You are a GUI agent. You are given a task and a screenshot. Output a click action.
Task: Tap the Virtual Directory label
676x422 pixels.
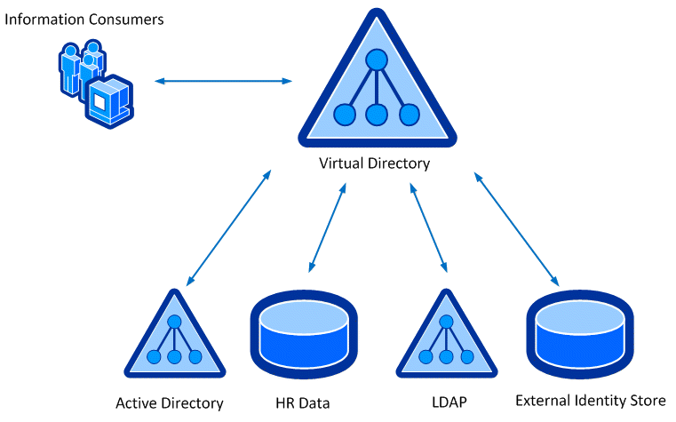[x=374, y=163]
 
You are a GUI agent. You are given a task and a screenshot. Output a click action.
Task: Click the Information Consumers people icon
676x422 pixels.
[x=94, y=82]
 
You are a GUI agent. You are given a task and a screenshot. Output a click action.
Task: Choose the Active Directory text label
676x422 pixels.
[x=170, y=403]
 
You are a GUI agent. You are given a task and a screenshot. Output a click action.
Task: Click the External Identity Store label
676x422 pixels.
[x=591, y=401]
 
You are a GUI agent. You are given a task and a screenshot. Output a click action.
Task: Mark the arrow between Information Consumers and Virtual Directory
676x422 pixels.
[x=223, y=82]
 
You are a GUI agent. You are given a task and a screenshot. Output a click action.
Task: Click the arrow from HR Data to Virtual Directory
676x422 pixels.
[x=327, y=228]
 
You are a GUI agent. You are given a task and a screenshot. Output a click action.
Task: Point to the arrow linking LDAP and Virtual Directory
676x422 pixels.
[x=428, y=227]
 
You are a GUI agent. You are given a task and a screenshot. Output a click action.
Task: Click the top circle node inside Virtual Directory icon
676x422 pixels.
[x=375, y=60]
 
